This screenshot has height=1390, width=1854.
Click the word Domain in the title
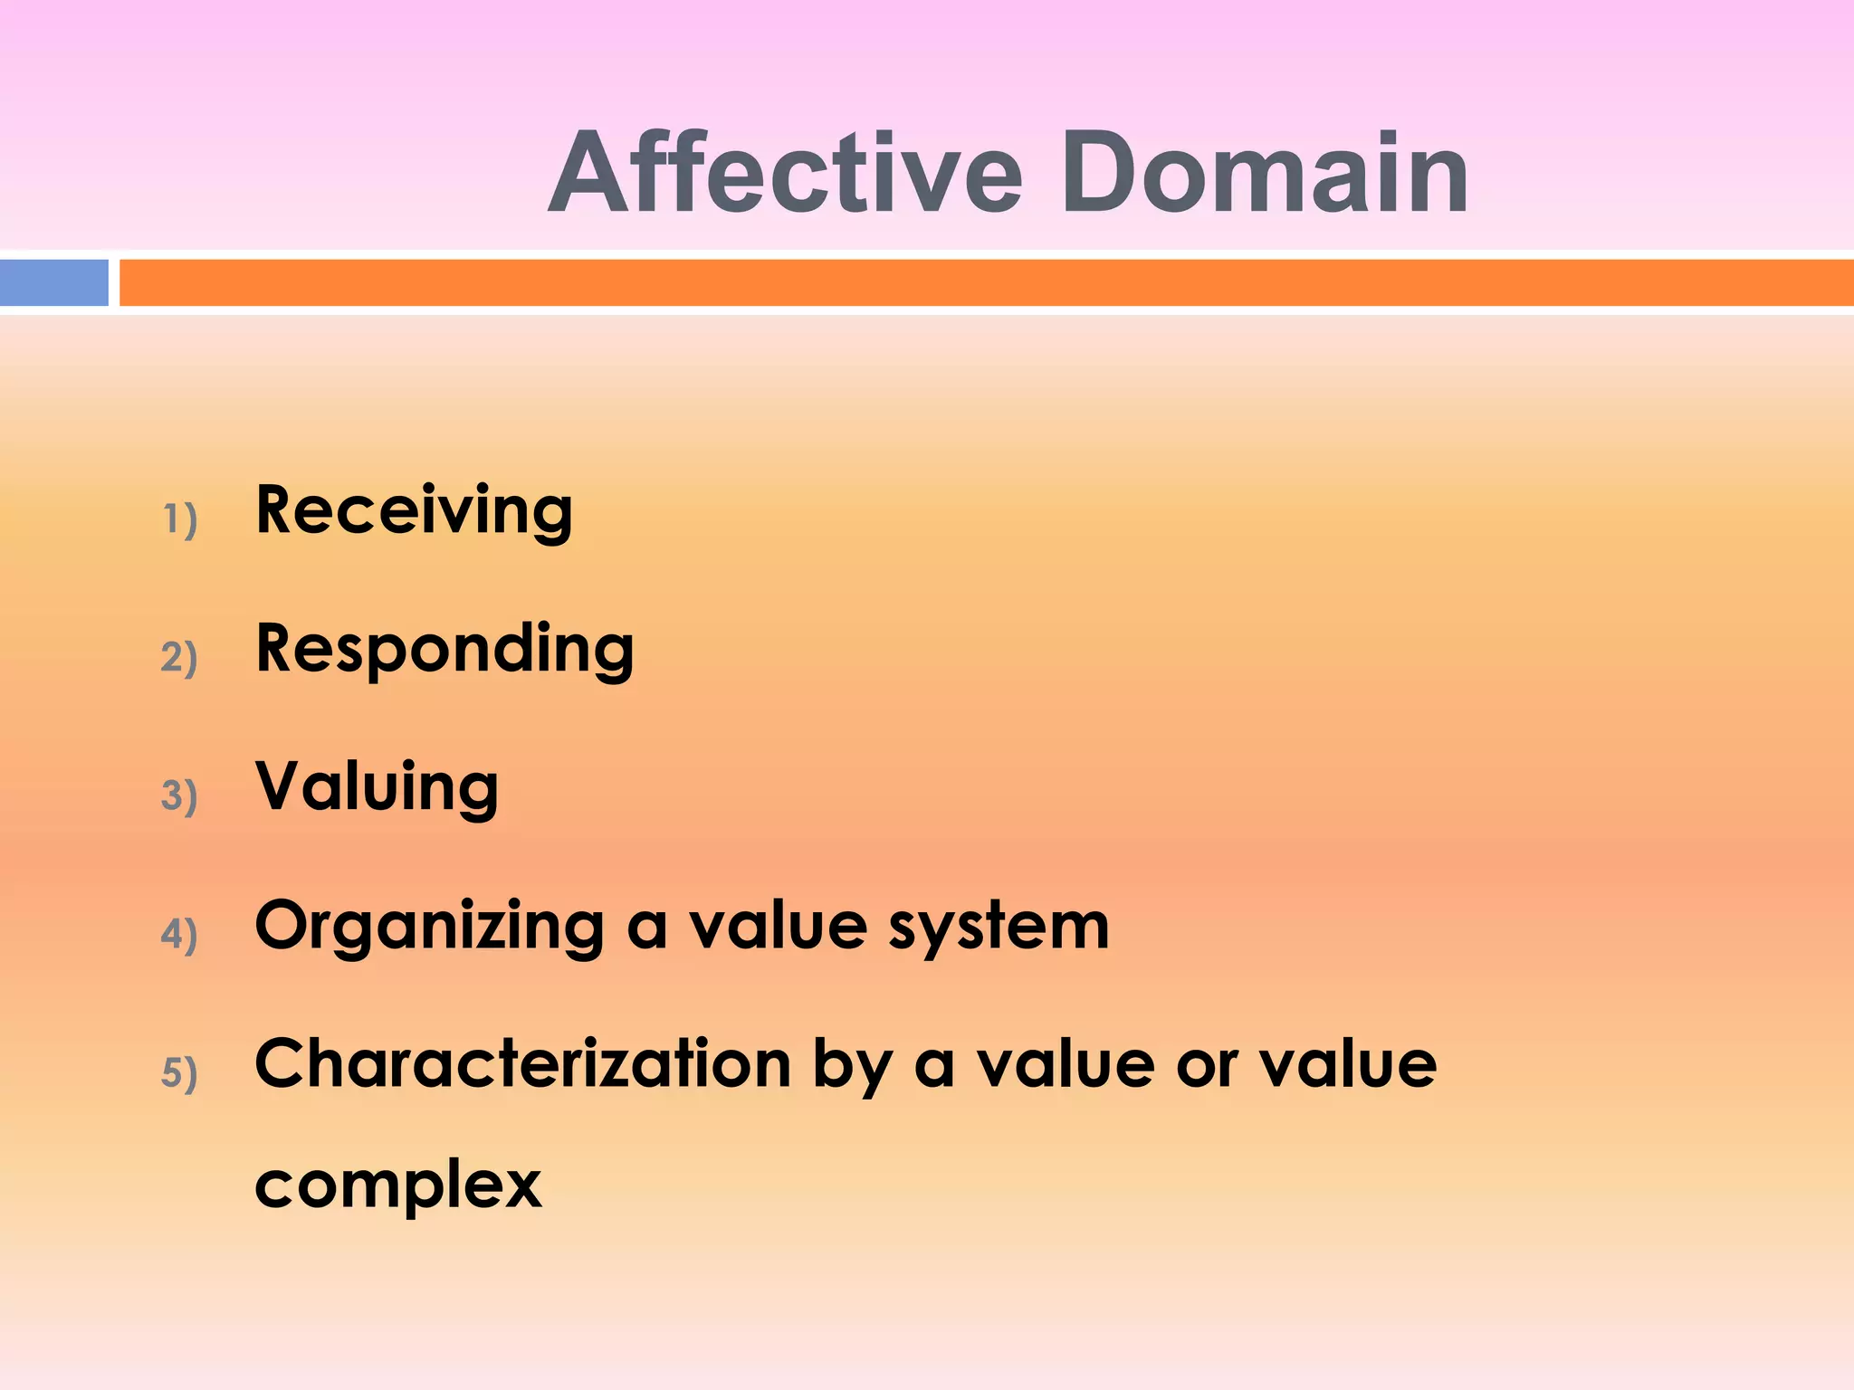point(1265,174)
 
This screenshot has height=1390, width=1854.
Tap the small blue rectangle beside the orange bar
point(53,282)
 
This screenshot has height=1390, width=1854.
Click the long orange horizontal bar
point(985,282)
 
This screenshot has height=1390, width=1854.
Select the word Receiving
point(414,512)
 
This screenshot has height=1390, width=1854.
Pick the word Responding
point(444,651)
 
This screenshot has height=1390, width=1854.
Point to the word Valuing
point(377,787)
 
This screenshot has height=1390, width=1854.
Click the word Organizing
point(429,928)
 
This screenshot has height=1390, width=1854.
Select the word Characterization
point(523,1064)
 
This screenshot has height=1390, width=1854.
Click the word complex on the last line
point(398,1186)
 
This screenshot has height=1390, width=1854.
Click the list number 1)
point(179,519)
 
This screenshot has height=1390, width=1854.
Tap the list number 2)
point(179,657)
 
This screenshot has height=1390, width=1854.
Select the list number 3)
point(179,795)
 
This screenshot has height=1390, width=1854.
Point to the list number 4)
point(179,934)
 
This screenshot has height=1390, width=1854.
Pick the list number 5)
point(179,1072)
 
